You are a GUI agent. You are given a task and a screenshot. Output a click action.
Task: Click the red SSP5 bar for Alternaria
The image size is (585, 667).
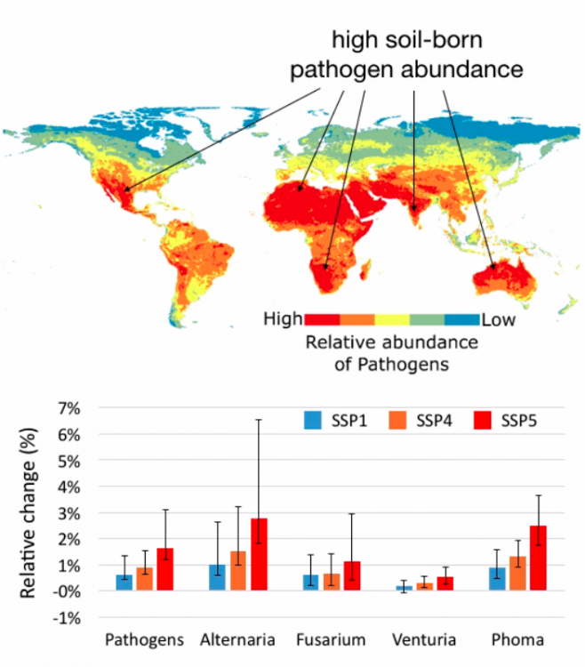(259, 554)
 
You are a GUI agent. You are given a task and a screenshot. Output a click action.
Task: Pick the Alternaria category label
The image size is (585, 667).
(237, 640)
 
